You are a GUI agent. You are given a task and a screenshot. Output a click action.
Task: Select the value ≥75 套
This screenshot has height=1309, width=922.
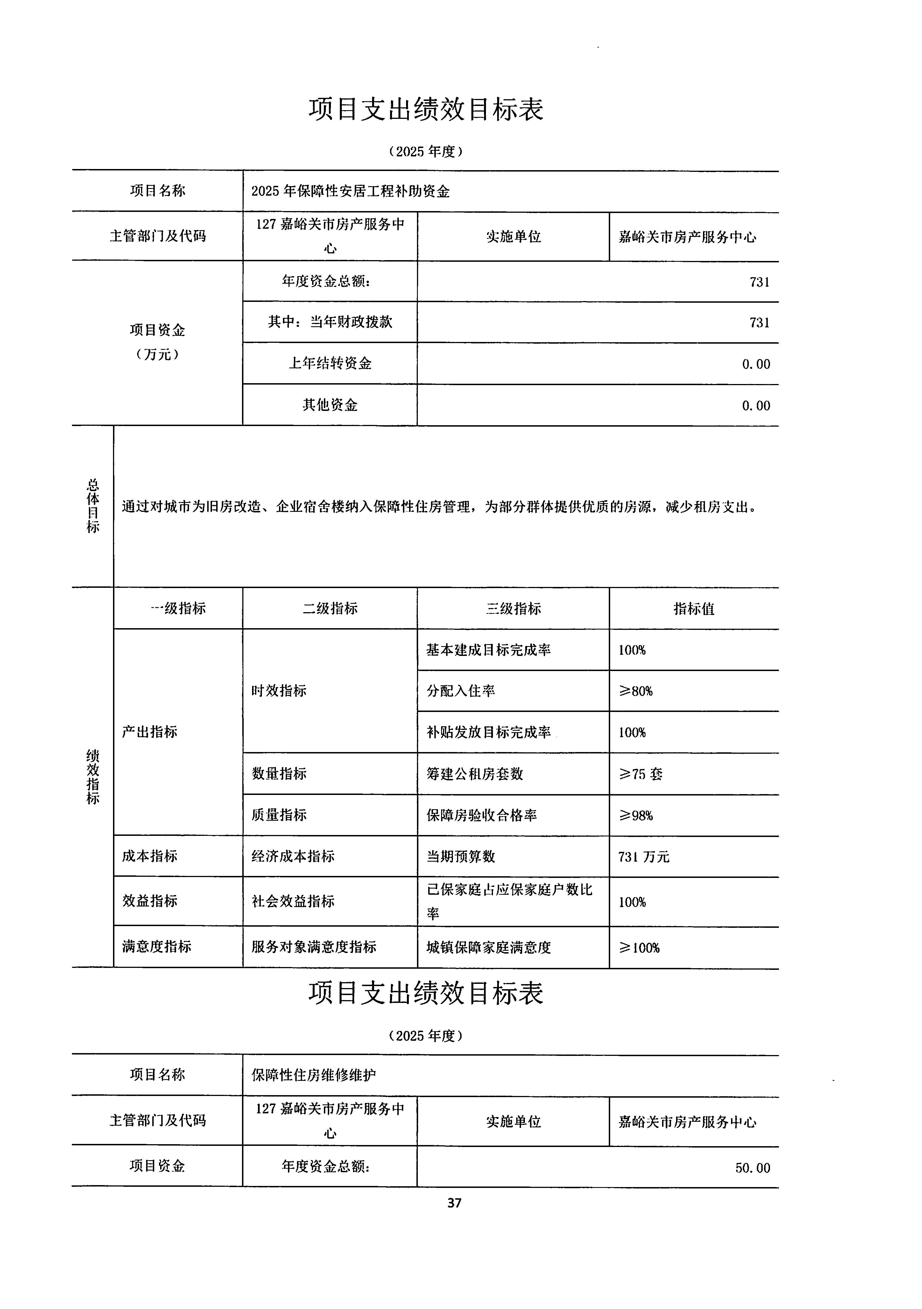640,774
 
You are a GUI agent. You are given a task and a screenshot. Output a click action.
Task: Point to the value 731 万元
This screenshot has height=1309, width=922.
643,856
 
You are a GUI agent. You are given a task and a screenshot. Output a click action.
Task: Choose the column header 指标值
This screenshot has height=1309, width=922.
693,608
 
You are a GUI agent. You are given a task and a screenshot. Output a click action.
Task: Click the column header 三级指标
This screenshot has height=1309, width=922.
513,608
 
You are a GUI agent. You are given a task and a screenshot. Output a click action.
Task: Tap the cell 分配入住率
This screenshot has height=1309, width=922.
461,691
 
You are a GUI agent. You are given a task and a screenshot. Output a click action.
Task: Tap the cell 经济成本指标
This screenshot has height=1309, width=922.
293,856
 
